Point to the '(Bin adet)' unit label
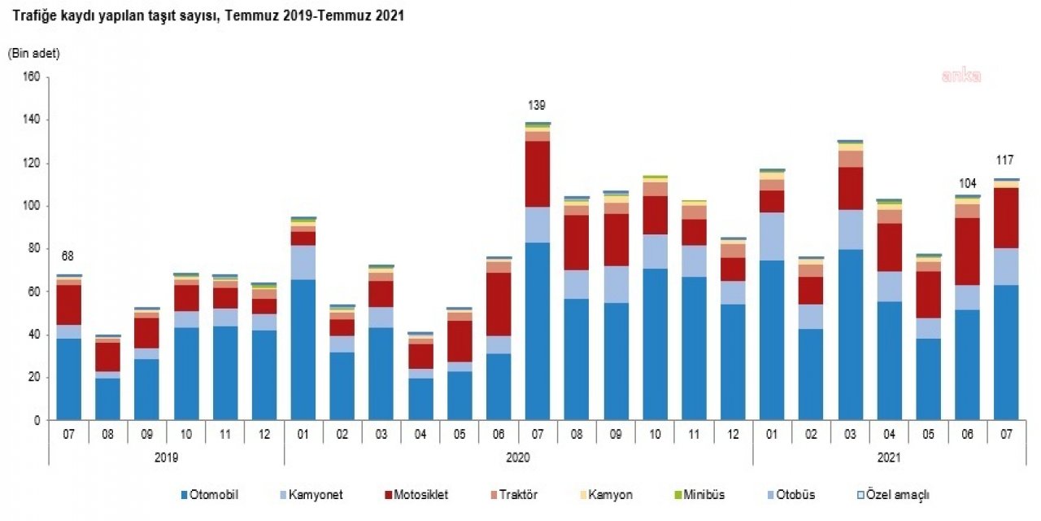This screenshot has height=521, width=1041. click(x=34, y=54)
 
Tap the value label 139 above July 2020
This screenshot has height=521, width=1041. click(x=536, y=105)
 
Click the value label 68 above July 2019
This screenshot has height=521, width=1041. click(x=68, y=257)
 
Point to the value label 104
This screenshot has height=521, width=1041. click(x=966, y=183)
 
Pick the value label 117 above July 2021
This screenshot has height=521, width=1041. click(x=1005, y=160)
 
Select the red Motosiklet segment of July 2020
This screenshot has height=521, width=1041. click(x=537, y=174)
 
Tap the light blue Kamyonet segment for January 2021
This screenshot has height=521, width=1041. click(x=771, y=236)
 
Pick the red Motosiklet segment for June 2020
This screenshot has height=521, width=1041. click(x=498, y=304)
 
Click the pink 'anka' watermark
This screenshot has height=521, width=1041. click(x=961, y=76)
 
